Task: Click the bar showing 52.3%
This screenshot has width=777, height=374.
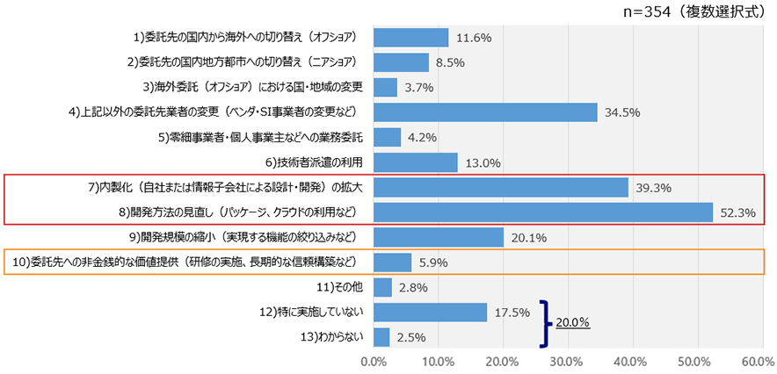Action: pos(543,212)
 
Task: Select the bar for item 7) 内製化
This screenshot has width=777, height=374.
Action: pos(501,188)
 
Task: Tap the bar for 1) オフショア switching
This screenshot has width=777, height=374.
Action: pos(411,38)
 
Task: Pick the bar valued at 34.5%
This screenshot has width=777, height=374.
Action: pos(485,112)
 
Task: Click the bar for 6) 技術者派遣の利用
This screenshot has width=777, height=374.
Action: pos(416,162)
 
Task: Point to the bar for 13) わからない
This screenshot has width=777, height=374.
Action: pos(382,337)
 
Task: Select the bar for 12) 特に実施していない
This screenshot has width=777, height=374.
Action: pos(431,313)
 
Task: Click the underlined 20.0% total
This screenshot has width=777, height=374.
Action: pos(571,322)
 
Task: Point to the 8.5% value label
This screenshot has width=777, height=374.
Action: pos(450,63)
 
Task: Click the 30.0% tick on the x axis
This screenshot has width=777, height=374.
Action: pos(567,361)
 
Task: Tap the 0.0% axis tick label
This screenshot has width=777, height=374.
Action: pos(374,361)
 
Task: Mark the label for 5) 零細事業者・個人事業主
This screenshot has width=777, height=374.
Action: pos(261,138)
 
